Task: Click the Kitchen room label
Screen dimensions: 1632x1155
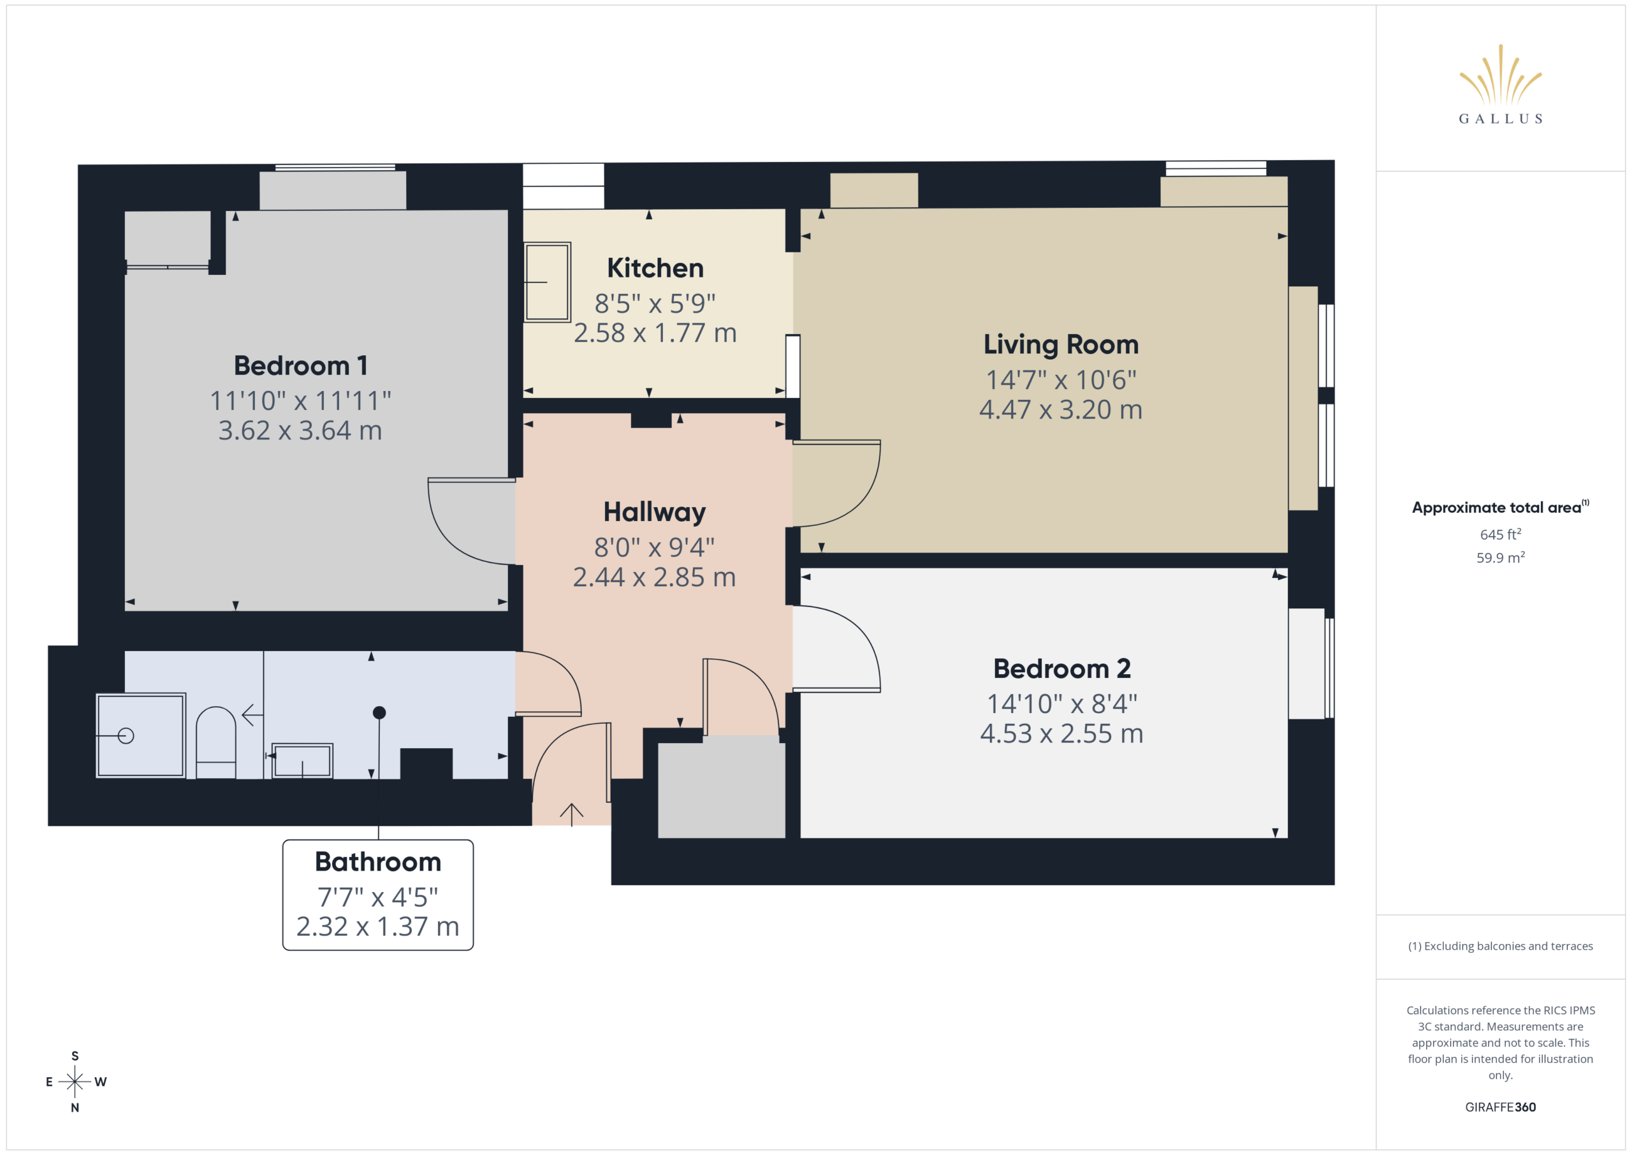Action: click(x=655, y=268)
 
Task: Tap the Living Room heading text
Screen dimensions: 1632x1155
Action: click(x=1061, y=345)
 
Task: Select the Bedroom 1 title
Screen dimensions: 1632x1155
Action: click(x=301, y=365)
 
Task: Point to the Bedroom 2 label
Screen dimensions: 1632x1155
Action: click(x=1061, y=668)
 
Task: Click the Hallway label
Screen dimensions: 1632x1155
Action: click(x=655, y=512)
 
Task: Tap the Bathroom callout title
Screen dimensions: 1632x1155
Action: click(x=378, y=862)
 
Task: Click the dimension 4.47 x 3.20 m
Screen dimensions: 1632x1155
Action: click(x=1061, y=409)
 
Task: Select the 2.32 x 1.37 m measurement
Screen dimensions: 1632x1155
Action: click(x=377, y=927)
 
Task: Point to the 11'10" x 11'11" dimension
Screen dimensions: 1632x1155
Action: click(x=301, y=401)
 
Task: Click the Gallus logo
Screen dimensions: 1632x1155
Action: click(x=1500, y=84)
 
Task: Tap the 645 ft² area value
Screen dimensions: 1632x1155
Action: click(x=1501, y=534)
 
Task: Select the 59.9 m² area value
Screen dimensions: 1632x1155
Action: click(x=1501, y=557)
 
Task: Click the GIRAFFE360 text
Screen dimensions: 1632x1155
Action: click(x=1501, y=1107)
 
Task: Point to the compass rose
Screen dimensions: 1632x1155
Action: click(x=75, y=1082)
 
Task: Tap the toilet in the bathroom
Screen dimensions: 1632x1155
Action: click(x=215, y=742)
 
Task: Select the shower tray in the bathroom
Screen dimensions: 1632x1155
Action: click(x=141, y=735)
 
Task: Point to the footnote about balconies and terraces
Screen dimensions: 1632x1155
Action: click(x=1501, y=946)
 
